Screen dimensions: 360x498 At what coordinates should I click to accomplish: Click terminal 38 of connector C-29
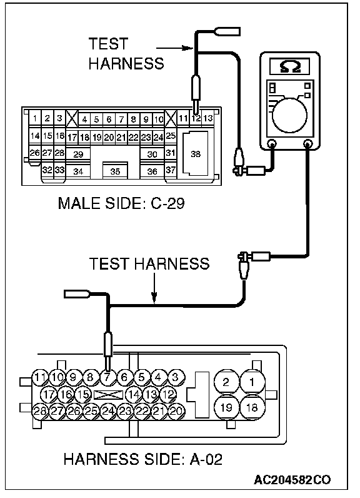(x=196, y=153)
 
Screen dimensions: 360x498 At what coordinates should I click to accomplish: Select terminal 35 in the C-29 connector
(x=115, y=171)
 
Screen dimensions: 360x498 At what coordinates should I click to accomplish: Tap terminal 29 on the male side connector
(x=78, y=154)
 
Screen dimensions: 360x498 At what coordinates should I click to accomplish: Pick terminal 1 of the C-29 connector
(x=35, y=118)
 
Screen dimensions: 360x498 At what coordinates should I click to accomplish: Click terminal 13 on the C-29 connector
(x=208, y=118)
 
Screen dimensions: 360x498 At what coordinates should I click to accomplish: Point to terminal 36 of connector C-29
(x=152, y=171)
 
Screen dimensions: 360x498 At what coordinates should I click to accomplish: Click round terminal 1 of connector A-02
(x=252, y=382)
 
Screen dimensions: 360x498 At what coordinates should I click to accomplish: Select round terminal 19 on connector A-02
(x=226, y=407)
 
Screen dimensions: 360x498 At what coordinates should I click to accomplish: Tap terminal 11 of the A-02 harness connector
(x=40, y=377)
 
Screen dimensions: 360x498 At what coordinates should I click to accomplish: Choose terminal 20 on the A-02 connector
(x=176, y=411)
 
